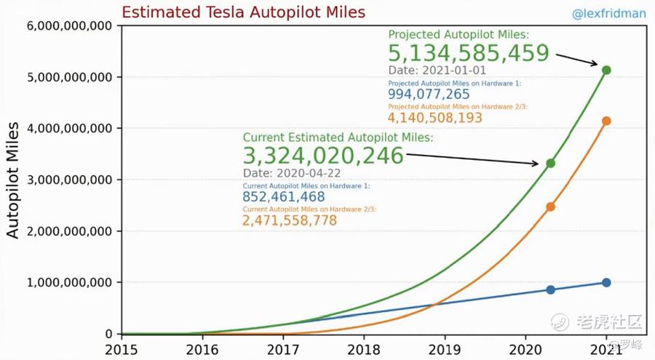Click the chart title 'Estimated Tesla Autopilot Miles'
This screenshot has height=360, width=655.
click(x=243, y=12)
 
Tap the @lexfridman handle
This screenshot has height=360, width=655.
click(x=610, y=14)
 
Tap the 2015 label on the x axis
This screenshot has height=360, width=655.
click(x=121, y=348)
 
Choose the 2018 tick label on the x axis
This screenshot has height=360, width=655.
click(x=363, y=348)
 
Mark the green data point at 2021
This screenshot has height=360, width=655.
click(x=606, y=71)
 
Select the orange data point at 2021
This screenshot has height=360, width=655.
click(x=606, y=121)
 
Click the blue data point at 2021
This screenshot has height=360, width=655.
click(x=606, y=283)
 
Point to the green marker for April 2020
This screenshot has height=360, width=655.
click(x=550, y=164)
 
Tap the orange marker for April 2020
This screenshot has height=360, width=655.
click(x=550, y=207)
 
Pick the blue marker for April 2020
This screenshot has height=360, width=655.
click(x=550, y=290)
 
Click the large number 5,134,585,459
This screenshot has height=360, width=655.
click(x=468, y=53)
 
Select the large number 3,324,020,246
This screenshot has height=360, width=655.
click(x=323, y=156)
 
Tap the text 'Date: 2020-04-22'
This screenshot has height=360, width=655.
click(x=292, y=174)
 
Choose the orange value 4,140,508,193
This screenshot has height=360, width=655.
click(x=434, y=118)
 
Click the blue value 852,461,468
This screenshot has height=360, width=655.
click(x=285, y=197)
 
